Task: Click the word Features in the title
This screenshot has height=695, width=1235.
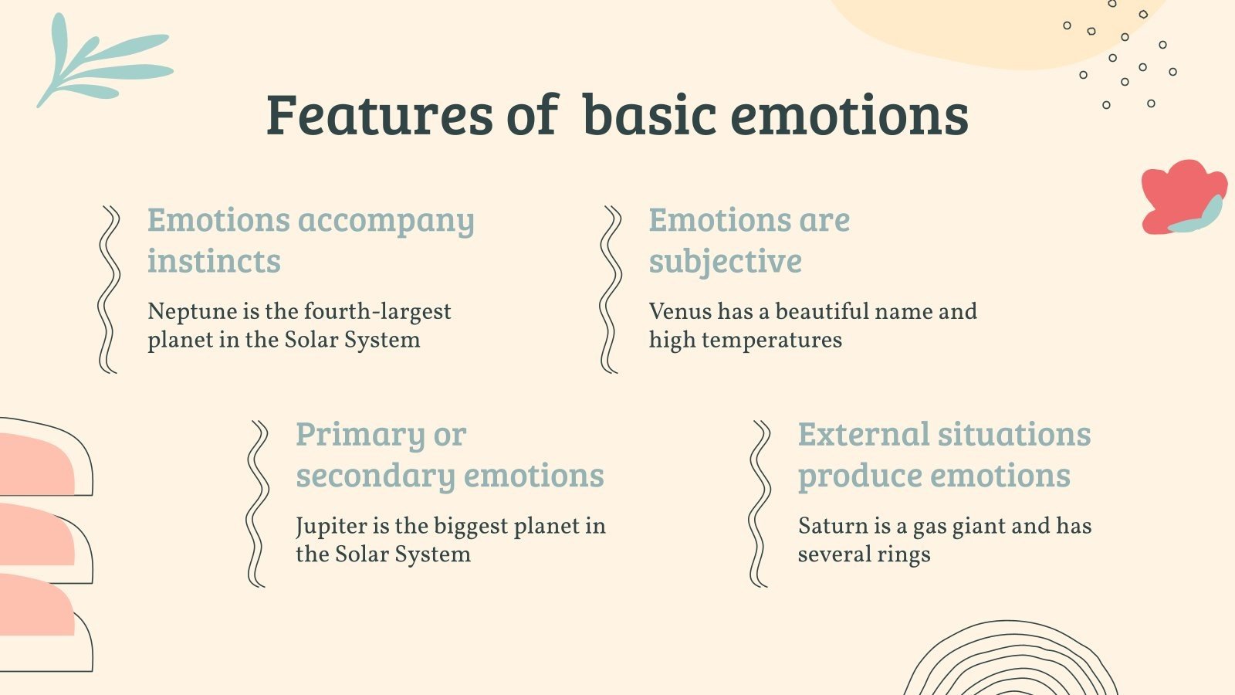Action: point(379,115)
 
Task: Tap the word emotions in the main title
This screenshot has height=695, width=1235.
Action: point(849,115)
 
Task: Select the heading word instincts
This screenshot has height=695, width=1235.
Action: point(214,261)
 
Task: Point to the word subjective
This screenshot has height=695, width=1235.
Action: point(725,262)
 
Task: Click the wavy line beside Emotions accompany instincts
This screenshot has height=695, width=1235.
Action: point(109,290)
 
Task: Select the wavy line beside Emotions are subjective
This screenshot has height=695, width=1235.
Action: point(611,290)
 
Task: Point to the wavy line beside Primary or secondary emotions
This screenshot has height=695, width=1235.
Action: point(258,503)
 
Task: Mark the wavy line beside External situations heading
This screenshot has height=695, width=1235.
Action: point(760,503)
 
